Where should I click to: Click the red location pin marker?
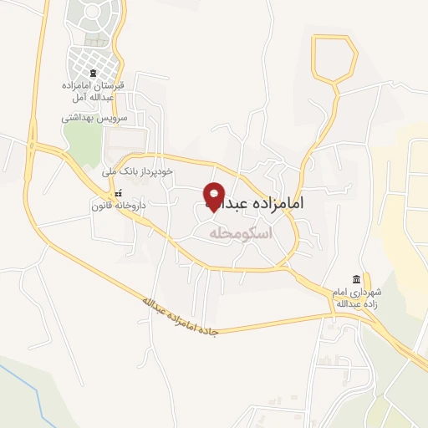pos(214,196)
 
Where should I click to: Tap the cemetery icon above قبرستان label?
pos(93,74)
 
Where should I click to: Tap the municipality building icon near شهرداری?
pos(357,278)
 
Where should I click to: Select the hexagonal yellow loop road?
pos(334,59)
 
